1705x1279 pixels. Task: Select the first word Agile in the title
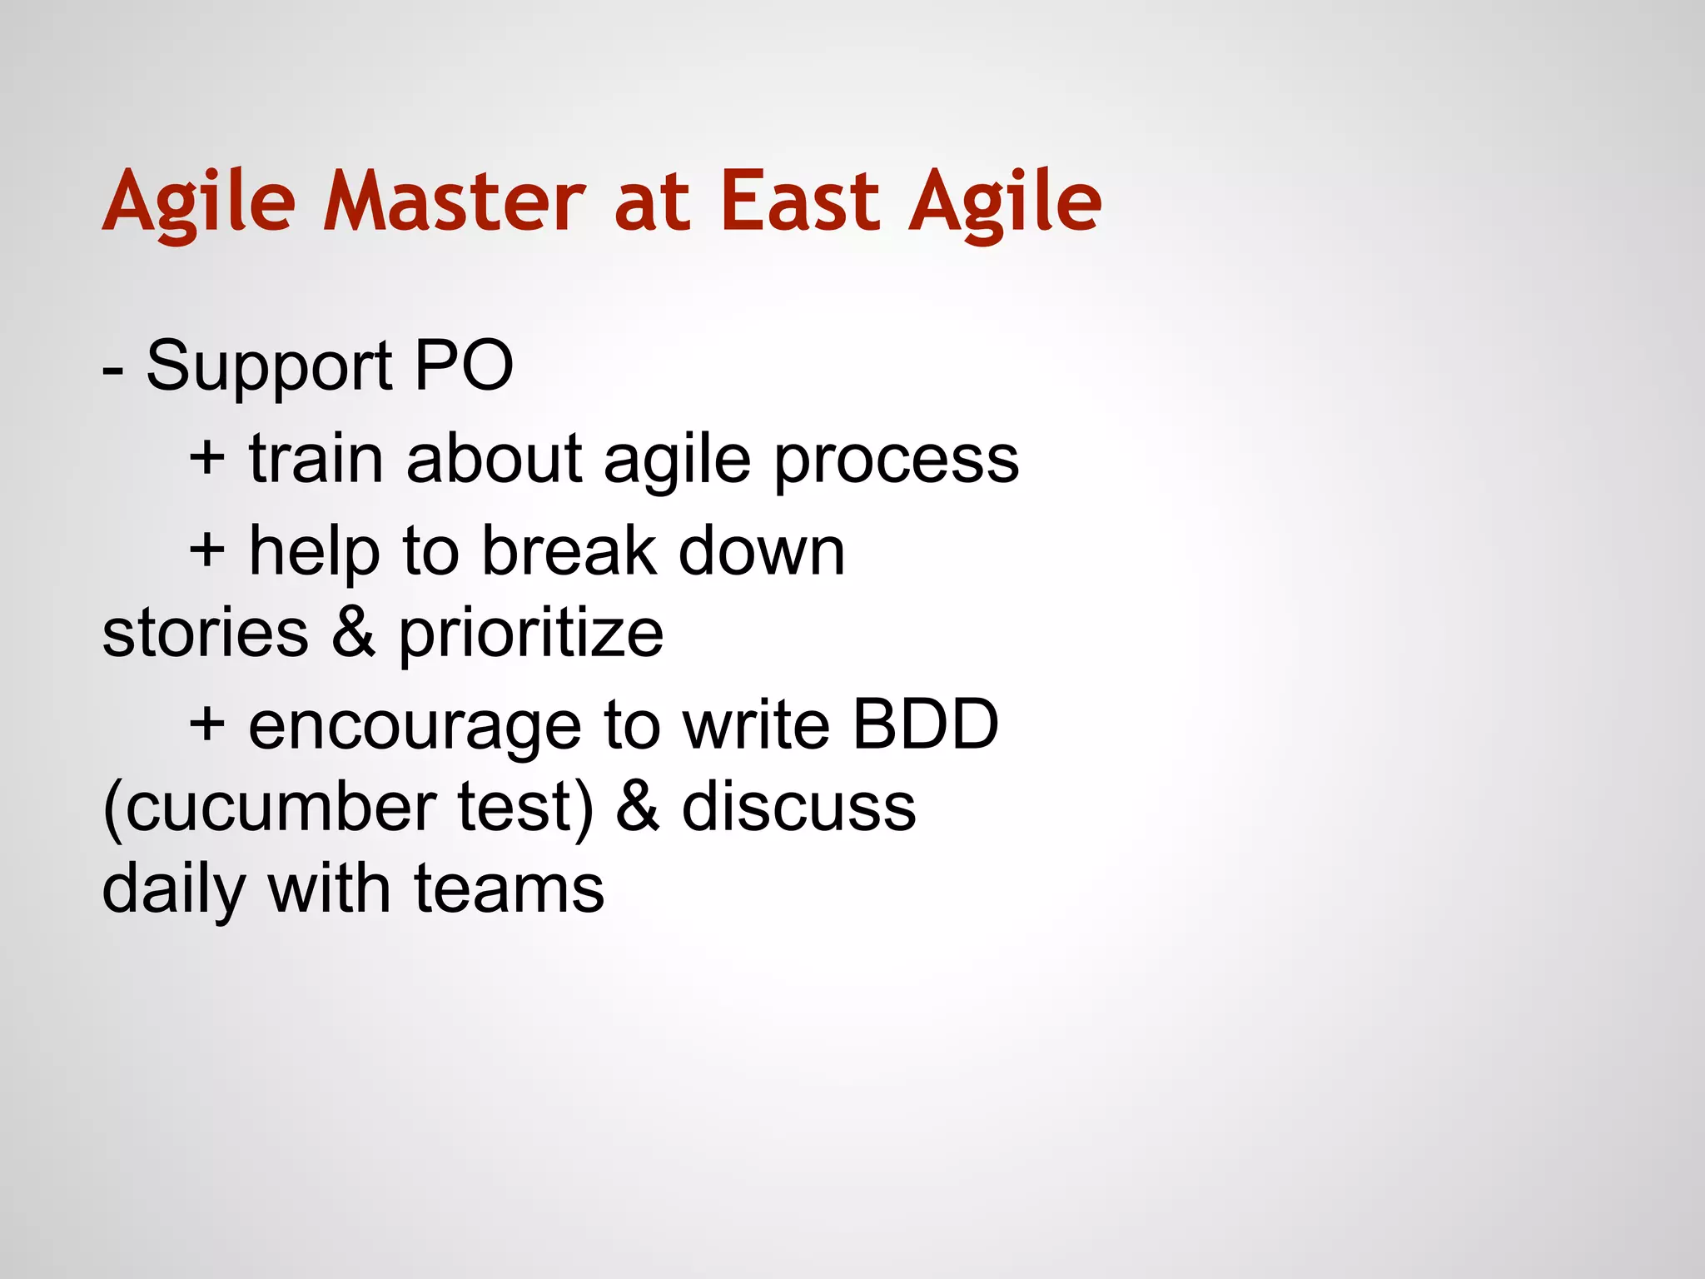click(199, 202)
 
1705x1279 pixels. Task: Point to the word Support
click(269, 367)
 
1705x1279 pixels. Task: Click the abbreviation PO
click(464, 366)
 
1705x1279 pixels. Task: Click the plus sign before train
click(207, 458)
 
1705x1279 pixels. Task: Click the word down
click(762, 550)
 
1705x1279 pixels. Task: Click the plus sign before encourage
click(207, 723)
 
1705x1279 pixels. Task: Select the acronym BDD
click(925, 724)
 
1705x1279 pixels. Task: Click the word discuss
click(798, 807)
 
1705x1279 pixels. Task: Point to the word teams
click(509, 889)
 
